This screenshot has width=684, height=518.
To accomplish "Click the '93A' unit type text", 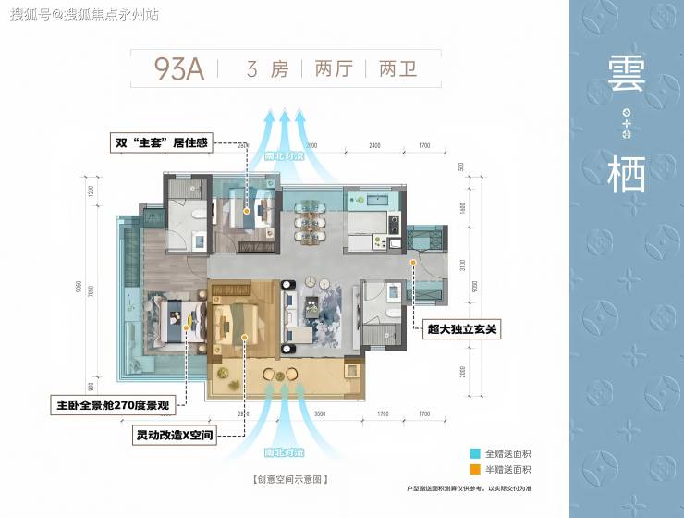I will tap(178, 69).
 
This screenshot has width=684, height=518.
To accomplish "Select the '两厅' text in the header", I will tap(333, 69).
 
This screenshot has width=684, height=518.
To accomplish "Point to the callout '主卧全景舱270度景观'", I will tap(116, 404).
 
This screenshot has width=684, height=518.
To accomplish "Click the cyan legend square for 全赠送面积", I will tap(476, 454).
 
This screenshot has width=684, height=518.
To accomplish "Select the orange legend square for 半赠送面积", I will tap(476, 470).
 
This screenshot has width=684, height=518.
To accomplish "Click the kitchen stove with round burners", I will tap(394, 224).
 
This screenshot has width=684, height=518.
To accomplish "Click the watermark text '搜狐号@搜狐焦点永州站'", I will tap(83, 15).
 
